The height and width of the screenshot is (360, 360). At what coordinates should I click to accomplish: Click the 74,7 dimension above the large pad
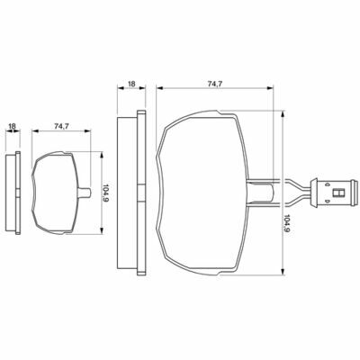click(215, 85)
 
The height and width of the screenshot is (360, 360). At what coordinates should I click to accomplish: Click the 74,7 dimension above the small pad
click(61, 127)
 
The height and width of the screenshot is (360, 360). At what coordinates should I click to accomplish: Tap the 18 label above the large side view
click(131, 84)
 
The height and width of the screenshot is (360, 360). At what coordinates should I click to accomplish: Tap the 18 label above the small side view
click(12, 127)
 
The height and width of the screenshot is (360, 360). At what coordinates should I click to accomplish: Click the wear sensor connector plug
click(334, 193)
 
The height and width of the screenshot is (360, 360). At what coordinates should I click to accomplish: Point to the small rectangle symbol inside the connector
click(339, 193)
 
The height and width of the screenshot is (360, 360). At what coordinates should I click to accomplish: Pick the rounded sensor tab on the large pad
click(260, 193)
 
